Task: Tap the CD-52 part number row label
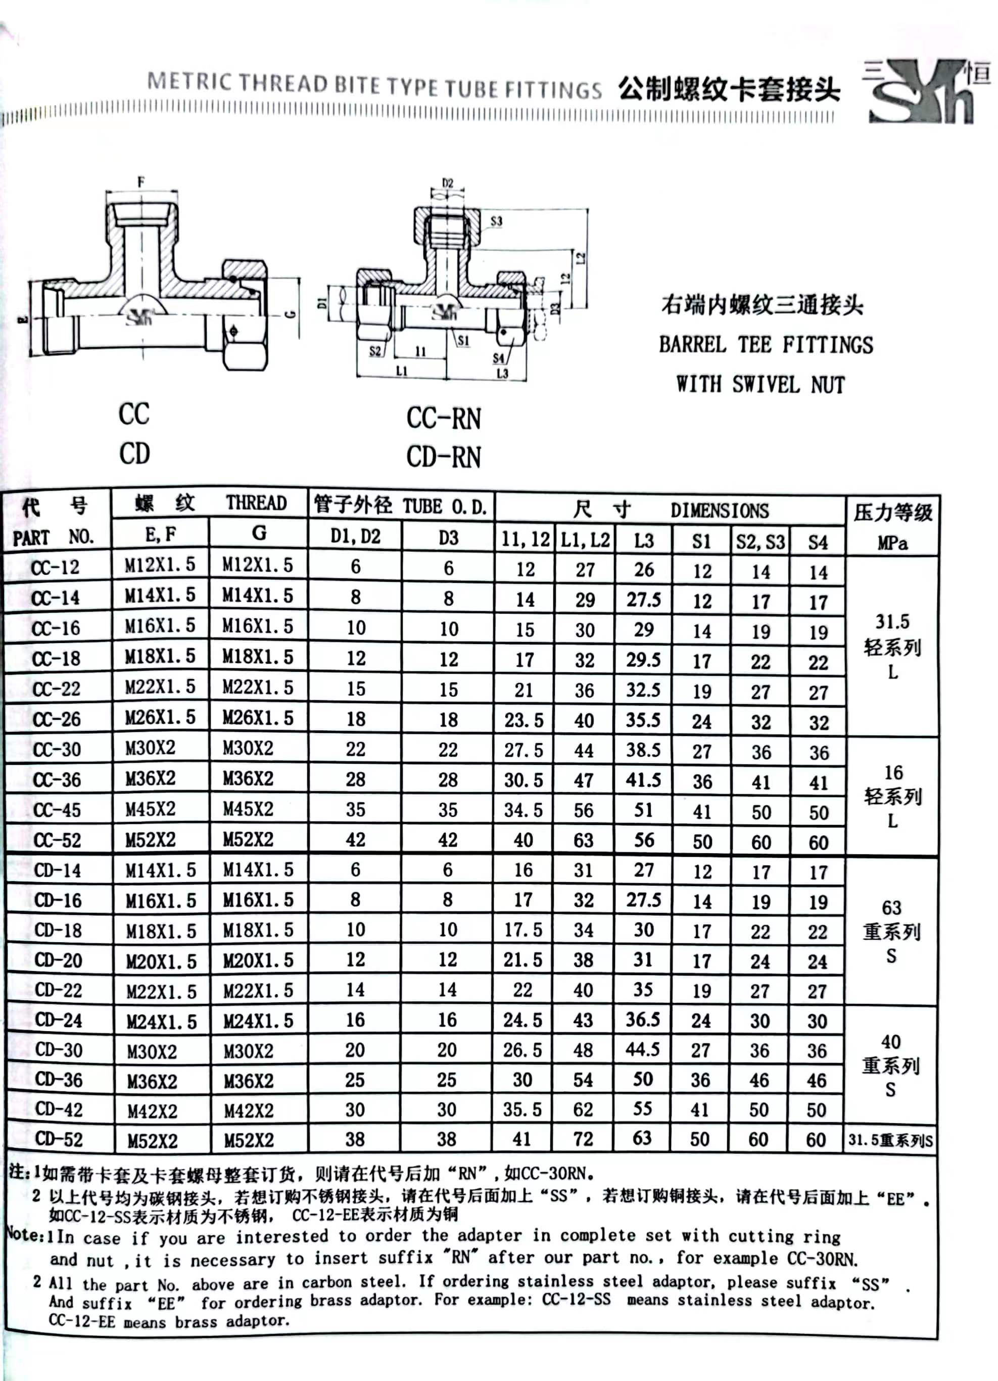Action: click(x=59, y=1139)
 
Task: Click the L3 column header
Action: click(x=644, y=540)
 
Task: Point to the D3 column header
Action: click(x=449, y=538)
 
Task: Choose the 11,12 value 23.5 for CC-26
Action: click(x=524, y=720)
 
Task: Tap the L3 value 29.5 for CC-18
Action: click(x=644, y=660)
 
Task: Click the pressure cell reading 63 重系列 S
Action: click(x=891, y=931)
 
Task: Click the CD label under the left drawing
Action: click(x=134, y=453)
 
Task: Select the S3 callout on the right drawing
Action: click(x=497, y=221)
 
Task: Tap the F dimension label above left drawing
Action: click(x=141, y=181)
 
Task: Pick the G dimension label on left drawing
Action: click(x=291, y=314)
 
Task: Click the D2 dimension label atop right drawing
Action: click(x=448, y=182)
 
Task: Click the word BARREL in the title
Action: click(x=692, y=345)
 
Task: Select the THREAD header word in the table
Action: click(x=256, y=503)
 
